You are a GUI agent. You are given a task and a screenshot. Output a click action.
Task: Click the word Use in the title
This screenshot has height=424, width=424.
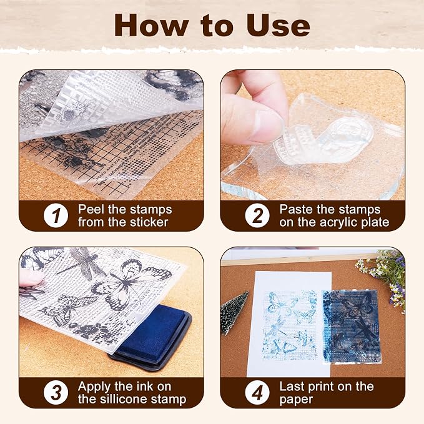278,25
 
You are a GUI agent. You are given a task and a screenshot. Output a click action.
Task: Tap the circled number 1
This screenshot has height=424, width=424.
56,215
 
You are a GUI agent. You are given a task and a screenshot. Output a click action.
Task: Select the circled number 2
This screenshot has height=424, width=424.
257,215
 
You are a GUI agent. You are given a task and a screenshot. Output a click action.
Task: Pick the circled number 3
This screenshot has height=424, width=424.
56,393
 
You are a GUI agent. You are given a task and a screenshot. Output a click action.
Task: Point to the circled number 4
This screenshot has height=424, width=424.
257,393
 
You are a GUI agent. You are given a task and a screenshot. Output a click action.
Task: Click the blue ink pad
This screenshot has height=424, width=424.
152,337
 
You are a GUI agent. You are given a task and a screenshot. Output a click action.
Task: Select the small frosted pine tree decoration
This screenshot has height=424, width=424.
234,313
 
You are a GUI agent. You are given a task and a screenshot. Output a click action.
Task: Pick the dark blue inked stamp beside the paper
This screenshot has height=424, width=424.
351,327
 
